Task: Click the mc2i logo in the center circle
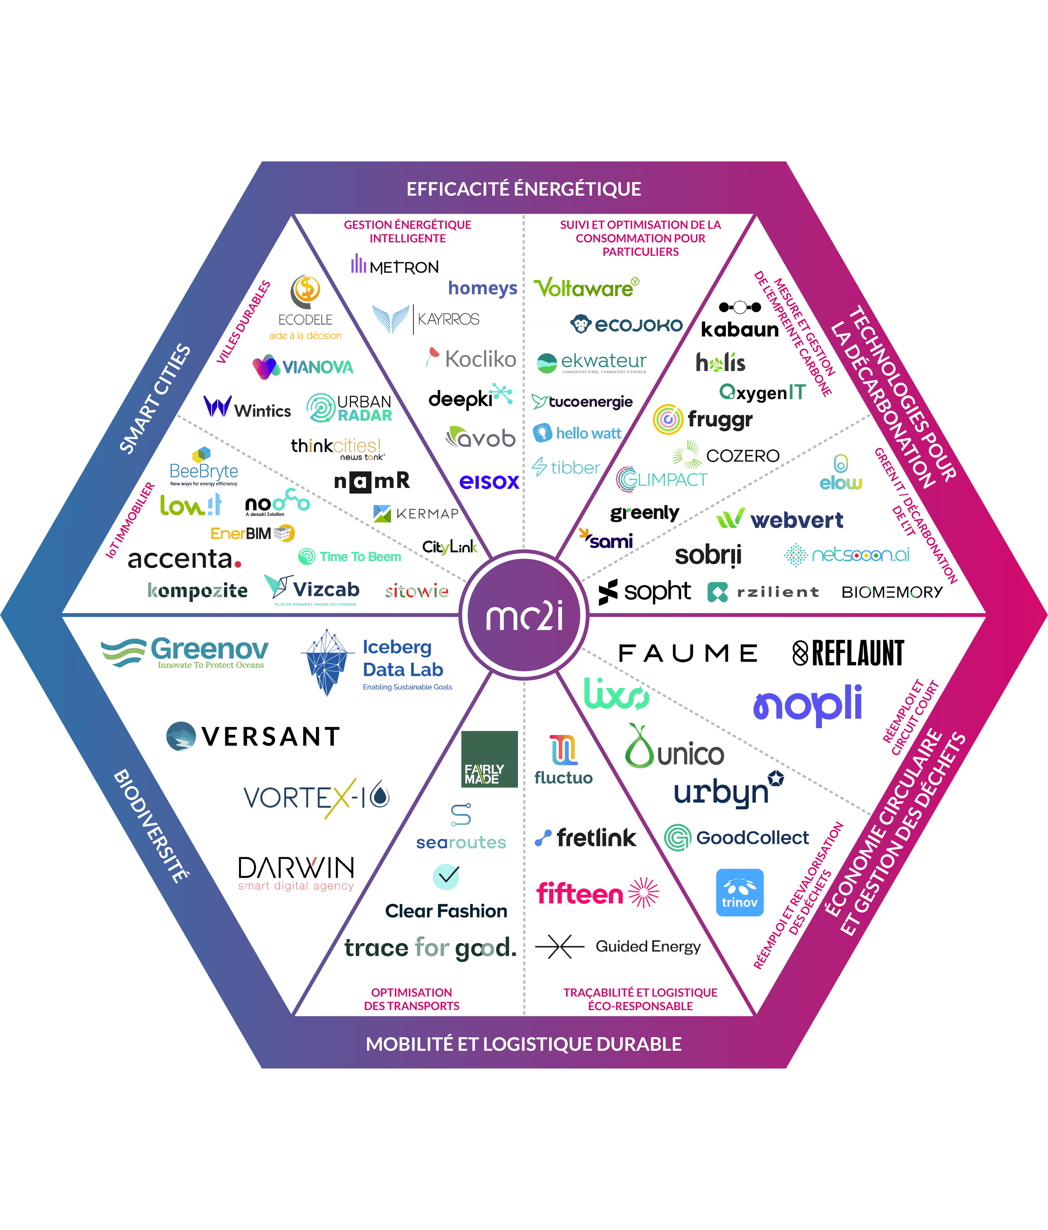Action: pyautogui.click(x=524, y=616)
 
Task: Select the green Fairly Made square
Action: pyautogui.click(x=489, y=759)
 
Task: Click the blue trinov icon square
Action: pyautogui.click(x=739, y=892)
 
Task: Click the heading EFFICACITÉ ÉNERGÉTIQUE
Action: pyautogui.click(x=524, y=189)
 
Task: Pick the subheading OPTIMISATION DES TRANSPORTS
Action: pyautogui.click(x=411, y=999)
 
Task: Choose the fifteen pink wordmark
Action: pyautogui.click(x=580, y=893)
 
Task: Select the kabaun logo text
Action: pyautogui.click(x=740, y=329)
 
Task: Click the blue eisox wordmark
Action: pyautogui.click(x=489, y=481)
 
